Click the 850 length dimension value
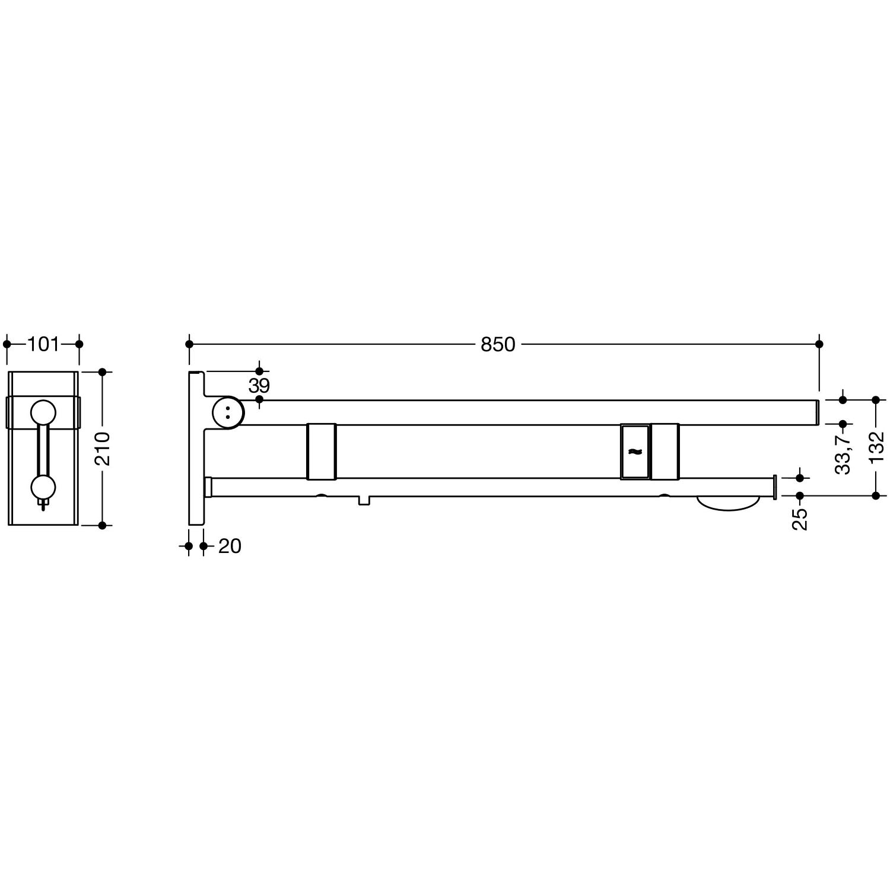498,344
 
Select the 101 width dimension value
43,344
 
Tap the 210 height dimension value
102,449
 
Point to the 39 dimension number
259,386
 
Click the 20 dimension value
230,546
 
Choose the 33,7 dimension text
843,453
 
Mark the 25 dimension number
800,519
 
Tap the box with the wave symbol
635,452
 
